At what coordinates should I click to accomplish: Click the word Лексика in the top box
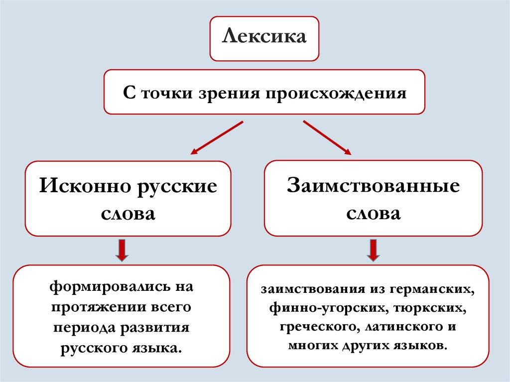pyautogui.click(x=264, y=37)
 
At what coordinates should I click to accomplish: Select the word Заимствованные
pyautogui.click(x=373, y=186)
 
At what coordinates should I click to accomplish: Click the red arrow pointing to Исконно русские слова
pyautogui.click(x=217, y=137)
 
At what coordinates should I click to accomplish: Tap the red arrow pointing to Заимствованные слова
pyautogui.click(x=327, y=137)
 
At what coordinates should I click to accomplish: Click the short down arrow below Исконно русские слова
pyautogui.click(x=122, y=250)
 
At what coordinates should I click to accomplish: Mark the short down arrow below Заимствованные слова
pyautogui.click(x=373, y=250)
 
